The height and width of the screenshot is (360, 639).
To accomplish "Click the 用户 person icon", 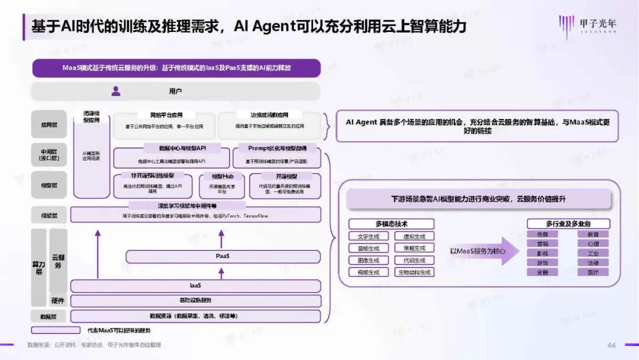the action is click(116, 91).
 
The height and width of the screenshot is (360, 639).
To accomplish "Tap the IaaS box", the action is click(196, 285).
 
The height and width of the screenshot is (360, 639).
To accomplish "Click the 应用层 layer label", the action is click(49, 126).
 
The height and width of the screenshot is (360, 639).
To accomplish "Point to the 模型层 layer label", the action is click(49, 185).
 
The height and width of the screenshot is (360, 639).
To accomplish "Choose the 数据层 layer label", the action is click(49, 316).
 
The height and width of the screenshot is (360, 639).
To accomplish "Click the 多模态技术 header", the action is click(391, 224).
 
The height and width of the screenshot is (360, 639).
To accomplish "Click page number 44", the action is click(612, 345).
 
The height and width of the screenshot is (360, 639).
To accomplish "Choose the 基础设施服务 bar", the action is click(196, 300).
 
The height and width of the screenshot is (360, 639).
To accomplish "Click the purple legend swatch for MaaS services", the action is click(55, 330).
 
